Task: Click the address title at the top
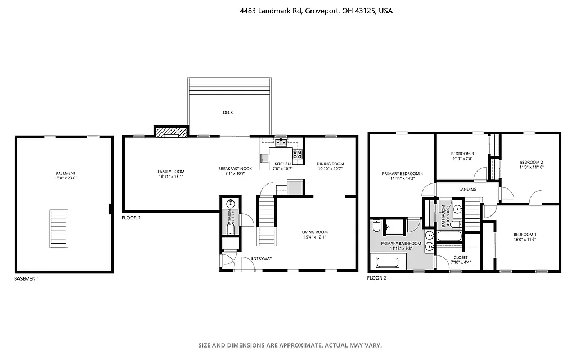(287, 11)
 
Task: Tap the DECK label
(228, 112)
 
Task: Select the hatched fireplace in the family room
(170, 132)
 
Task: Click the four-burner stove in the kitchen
(298, 153)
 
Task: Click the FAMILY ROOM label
(170, 172)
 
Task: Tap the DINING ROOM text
(330, 164)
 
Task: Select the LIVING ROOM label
(314, 232)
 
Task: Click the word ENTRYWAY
(262, 258)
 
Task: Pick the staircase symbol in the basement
(58, 228)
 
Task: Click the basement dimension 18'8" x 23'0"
(65, 178)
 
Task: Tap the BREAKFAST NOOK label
(235, 169)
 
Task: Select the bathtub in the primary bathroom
(387, 262)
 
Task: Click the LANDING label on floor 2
(467, 190)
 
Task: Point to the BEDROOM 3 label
(462, 154)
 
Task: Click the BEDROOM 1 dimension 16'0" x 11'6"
(524, 240)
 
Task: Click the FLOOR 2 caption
(376, 278)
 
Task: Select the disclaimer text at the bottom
(290, 345)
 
